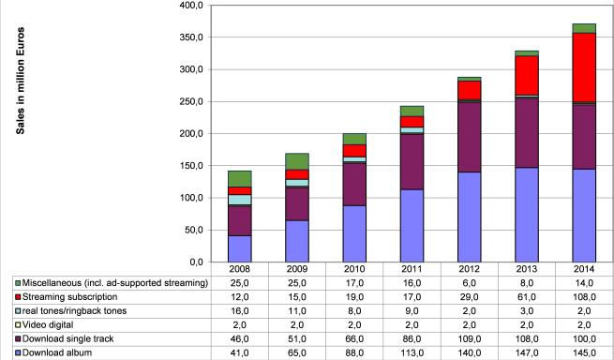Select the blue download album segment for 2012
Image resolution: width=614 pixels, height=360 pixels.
click(469, 217)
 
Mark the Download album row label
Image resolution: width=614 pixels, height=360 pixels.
click(56, 353)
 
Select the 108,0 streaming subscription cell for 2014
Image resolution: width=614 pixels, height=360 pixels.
click(584, 297)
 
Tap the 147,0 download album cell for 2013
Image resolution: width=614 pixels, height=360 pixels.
click(527, 353)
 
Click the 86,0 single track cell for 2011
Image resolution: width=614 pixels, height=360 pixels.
click(412, 339)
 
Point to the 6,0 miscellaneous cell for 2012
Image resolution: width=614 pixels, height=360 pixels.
click(470, 283)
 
